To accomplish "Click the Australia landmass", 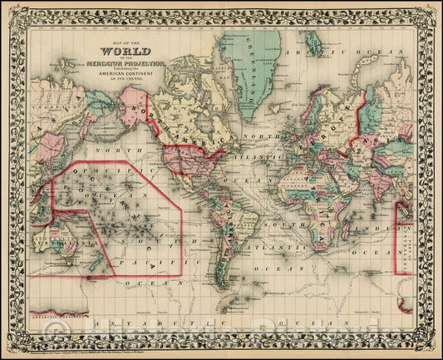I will click(62, 238).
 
